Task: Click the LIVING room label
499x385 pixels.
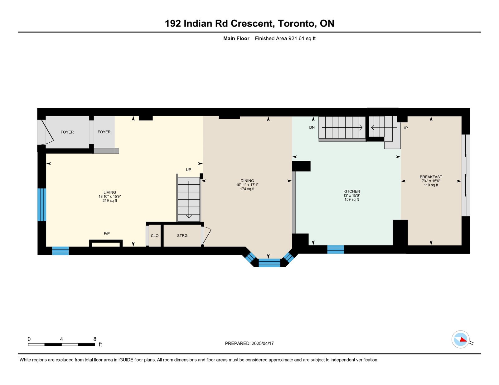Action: tap(109, 192)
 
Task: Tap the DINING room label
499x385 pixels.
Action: tap(247, 180)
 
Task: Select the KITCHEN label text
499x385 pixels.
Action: tap(351, 191)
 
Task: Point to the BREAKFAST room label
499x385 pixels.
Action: tap(431, 177)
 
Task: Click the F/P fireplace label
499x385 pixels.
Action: tap(107, 233)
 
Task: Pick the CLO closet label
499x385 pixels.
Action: tap(155, 235)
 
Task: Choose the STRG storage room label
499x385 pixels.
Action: tap(182, 235)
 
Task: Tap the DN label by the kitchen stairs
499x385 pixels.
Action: tap(312, 127)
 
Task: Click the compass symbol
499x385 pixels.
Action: tap(460, 339)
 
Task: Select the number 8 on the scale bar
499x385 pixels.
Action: tap(94, 339)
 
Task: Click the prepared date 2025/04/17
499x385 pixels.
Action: tap(263, 343)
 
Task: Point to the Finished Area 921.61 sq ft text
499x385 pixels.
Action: tap(285, 38)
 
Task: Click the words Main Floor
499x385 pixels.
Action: tap(236, 38)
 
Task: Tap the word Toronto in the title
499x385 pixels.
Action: tap(296, 23)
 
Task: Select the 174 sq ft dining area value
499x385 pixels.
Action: tap(247, 189)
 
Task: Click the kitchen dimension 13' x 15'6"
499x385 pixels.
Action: tap(351, 195)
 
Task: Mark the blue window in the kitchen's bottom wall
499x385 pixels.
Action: tap(335, 249)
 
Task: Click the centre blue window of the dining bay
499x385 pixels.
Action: tap(269, 263)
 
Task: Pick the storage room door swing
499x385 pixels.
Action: tap(206, 235)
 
